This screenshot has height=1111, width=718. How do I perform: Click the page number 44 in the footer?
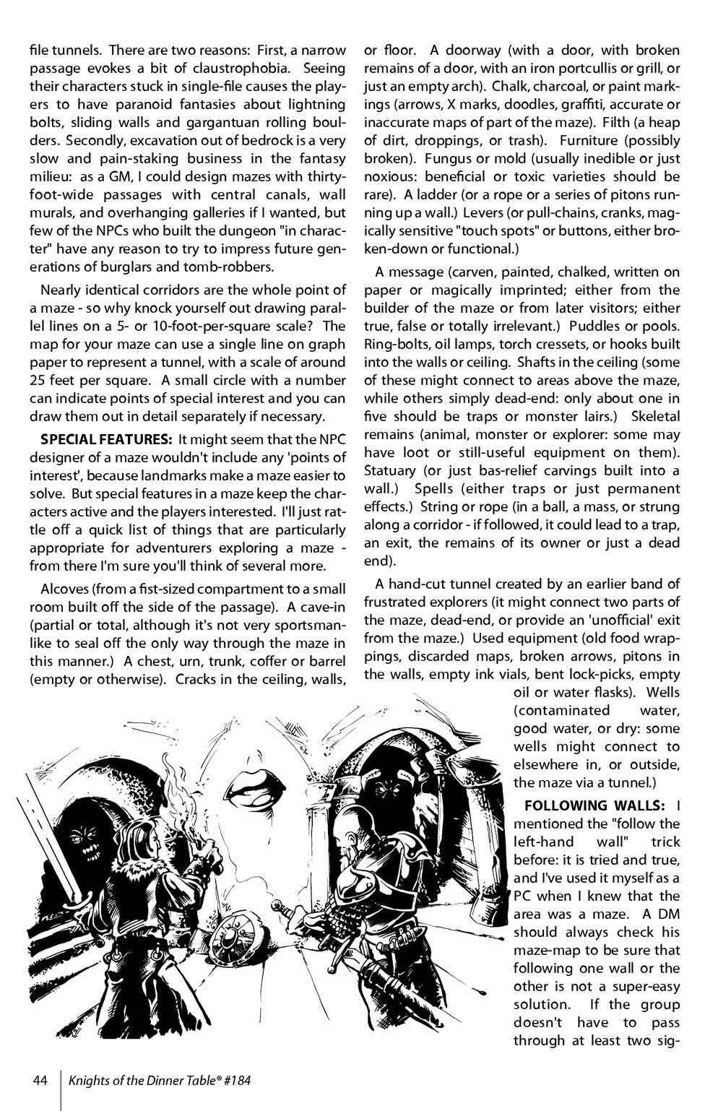[40, 1081]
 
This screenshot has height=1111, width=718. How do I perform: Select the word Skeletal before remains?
[655, 417]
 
